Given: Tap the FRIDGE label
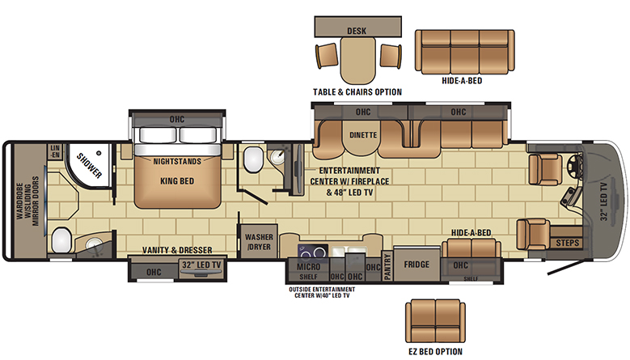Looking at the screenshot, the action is [x=416, y=265].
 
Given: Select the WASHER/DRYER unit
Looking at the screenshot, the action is [x=259, y=241].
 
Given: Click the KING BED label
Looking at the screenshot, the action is [x=177, y=181].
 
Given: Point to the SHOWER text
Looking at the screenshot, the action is [x=89, y=166].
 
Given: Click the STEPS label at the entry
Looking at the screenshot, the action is [x=568, y=243].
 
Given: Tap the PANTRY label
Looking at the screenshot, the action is [x=387, y=266].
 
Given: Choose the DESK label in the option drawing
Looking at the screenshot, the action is [x=357, y=31].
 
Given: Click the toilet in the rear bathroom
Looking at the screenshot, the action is [x=61, y=240].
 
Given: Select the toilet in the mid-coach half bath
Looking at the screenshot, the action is [x=253, y=159].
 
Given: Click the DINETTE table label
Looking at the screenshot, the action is [x=363, y=135].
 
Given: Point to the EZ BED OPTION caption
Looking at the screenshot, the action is [x=436, y=352].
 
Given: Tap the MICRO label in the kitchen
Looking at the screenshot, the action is [x=309, y=267].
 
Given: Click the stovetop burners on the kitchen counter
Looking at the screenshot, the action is [x=313, y=252].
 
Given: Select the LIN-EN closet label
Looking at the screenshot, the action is [x=55, y=151].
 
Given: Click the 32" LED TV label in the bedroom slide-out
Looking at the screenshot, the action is [x=201, y=265].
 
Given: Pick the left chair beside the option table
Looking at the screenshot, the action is [x=327, y=55].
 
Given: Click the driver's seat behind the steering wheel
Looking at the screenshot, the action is [x=545, y=170].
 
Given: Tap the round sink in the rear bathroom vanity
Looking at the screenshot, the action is [x=95, y=244].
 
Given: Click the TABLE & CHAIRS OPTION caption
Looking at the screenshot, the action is [x=357, y=92].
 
